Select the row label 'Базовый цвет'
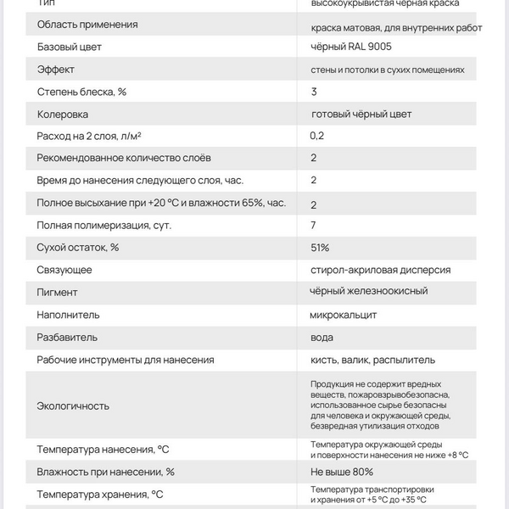[x=70, y=47]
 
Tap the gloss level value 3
[x=314, y=92]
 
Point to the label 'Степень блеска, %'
[x=82, y=92]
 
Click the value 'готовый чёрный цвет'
[x=367, y=114]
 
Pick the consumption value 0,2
[x=317, y=136]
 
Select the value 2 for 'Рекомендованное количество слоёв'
[x=314, y=158]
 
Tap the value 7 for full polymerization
[x=314, y=225]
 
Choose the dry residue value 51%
[x=320, y=247]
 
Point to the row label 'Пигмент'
[x=58, y=293]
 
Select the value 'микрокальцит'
[x=344, y=315]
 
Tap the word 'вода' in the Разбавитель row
[x=322, y=337]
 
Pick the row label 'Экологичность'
[x=73, y=406]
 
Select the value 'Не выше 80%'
[x=342, y=472]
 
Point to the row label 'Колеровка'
[x=63, y=114]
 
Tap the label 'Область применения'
[x=87, y=25]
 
